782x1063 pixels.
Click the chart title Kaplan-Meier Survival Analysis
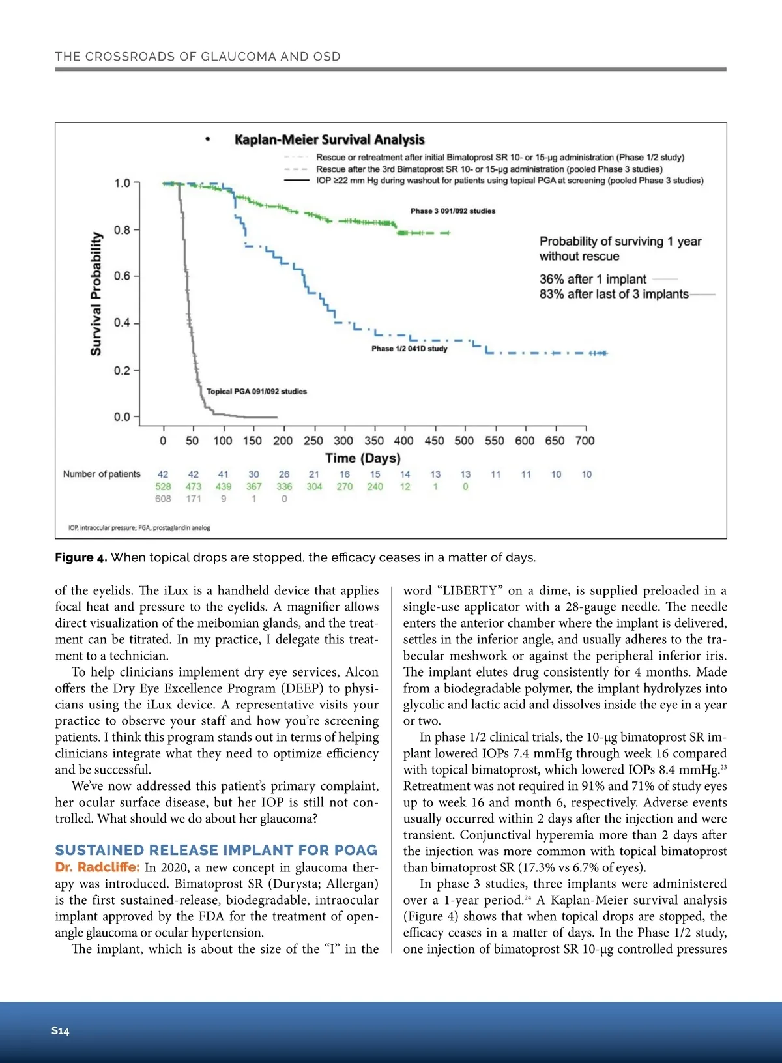click(329, 139)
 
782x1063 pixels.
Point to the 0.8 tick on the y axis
click(122, 230)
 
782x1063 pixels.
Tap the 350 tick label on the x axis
click(373, 441)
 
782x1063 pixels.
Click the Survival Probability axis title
click(96, 293)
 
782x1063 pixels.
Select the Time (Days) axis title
click(363, 458)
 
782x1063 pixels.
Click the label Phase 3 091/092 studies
click(453, 211)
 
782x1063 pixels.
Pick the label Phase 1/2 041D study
click(409, 349)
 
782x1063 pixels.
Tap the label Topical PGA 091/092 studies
click(256, 392)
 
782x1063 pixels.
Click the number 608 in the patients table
click(163, 499)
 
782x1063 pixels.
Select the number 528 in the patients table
click(163, 486)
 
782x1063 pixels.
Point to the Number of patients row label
click(102, 474)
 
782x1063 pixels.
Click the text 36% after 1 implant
click(592, 279)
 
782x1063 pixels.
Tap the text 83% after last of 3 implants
click(613, 294)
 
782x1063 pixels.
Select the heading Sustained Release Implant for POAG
click(216, 850)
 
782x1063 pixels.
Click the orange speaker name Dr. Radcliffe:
click(97, 867)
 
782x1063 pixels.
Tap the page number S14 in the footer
click(61, 1030)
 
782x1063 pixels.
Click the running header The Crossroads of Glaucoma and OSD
click(197, 57)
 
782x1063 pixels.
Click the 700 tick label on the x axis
click(585, 441)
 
